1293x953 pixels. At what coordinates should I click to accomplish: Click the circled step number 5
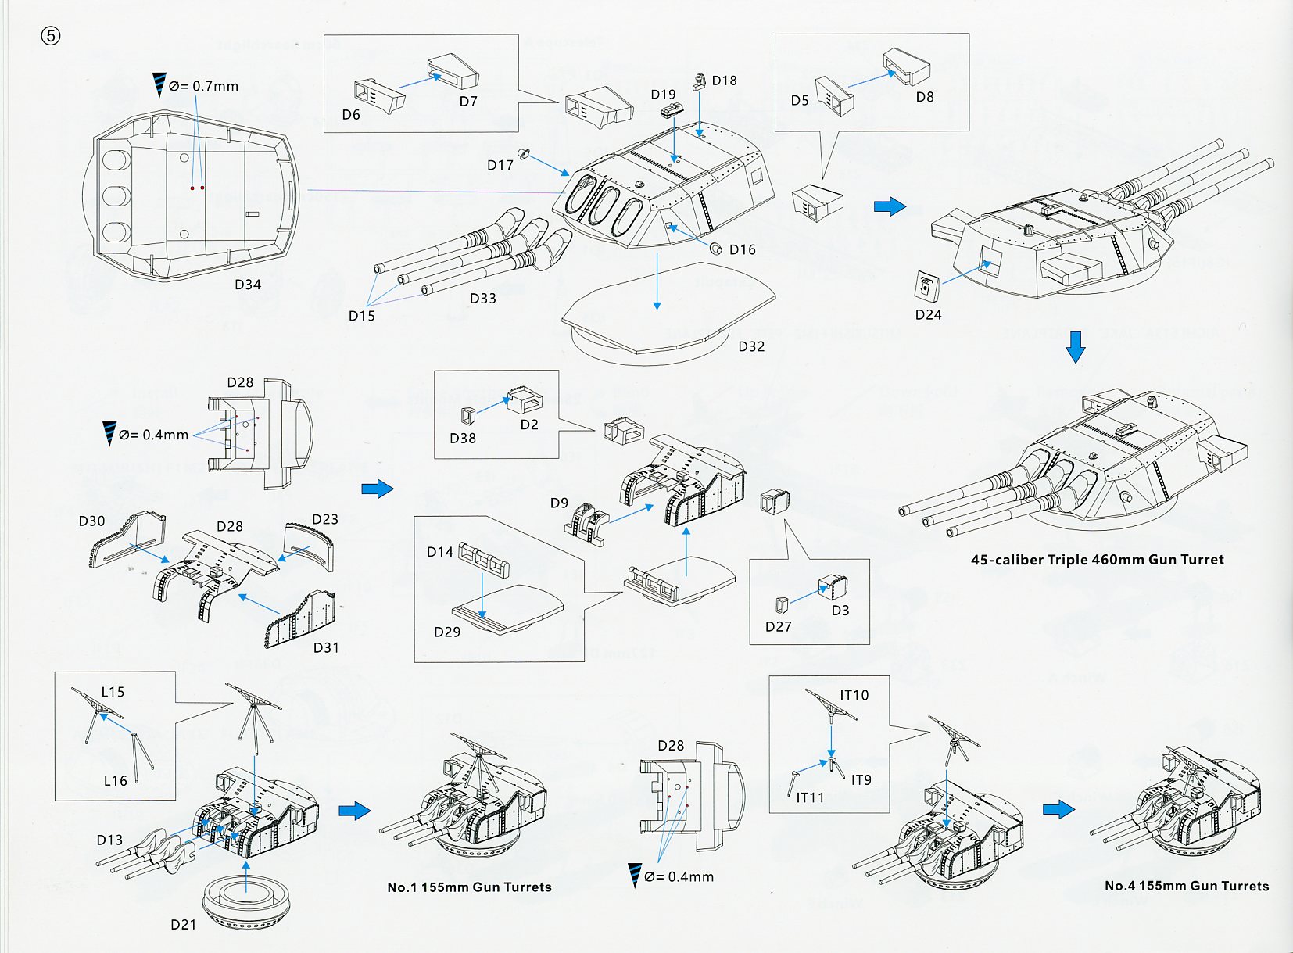coord(51,37)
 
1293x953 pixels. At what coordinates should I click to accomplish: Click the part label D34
coord(248,285)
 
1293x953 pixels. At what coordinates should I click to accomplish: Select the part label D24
coord(928,314)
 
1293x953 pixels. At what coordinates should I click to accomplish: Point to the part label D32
coord(751,346)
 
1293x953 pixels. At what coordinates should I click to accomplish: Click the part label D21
coord(184,924)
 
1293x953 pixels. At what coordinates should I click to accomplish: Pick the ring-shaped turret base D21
coord(246,902)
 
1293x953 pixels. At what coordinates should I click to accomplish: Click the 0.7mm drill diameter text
coord(204,86)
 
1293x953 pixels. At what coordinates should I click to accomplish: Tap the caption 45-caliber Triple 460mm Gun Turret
coord(1098,560)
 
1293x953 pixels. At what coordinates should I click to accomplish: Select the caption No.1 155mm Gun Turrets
coord(469,887)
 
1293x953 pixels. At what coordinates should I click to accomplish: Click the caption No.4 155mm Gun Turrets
coord(1187,886)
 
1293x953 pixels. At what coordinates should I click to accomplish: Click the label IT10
coord(854,695)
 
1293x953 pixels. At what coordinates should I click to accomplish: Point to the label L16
coord(115,780)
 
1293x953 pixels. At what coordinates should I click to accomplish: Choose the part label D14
coord(440,552)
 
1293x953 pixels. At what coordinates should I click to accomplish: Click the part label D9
coord(559,503)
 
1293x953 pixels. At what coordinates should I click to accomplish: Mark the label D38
coord(463,439)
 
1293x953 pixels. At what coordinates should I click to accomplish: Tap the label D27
coord(779,626)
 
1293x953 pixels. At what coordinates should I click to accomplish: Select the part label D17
coord(500,165)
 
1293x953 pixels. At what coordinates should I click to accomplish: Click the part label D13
coord(109,840)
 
